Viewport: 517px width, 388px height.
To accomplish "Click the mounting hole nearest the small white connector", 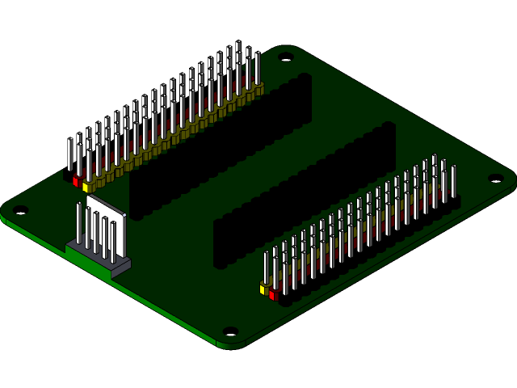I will (21, 210).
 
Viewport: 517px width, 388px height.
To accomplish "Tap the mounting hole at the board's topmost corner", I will (287, 57).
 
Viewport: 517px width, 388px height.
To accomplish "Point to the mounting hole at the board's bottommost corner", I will (230, 331).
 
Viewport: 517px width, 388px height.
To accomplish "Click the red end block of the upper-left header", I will (77, 181).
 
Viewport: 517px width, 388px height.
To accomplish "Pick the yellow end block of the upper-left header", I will (86, 187).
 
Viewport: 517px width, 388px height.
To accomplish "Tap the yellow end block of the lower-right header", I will (263, 289).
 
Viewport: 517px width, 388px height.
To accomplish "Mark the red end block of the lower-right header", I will (273, 295).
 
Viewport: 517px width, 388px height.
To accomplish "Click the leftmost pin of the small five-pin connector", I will (78, 221).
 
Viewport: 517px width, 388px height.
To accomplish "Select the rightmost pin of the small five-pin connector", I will (113, 239).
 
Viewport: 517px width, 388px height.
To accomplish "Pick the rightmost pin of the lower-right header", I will (453, 182).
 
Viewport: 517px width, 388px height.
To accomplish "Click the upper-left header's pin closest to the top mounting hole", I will (257, 69).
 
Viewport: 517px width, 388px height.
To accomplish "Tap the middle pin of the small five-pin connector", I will (95, 230).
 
